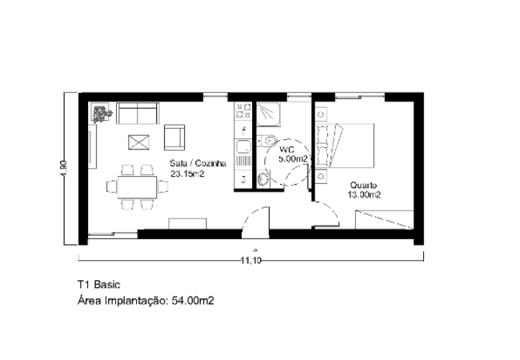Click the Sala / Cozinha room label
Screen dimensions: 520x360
(198, 163)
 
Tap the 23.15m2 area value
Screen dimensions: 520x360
(187, 174)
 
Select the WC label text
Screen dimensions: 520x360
(287, 150)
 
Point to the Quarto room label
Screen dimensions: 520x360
(363, 185)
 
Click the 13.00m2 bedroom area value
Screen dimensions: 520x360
(364, 194)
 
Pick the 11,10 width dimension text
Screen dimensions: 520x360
(251, 261)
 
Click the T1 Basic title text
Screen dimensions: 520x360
(99, 285)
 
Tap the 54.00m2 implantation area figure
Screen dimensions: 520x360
(193, 301)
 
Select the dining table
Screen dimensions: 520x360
(137, 187)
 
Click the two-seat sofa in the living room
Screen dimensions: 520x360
(138, 113)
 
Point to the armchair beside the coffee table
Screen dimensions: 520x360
(174, 138)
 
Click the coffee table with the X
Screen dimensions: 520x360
(138, 142)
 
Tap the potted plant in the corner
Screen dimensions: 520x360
(101, 112)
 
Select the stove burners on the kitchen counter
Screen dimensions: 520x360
(243, 110)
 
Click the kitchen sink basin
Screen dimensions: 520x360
(243, 147)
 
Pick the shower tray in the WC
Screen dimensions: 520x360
(269, 114)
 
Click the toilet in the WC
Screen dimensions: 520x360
(267, 142)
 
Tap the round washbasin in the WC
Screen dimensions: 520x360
(262, 179)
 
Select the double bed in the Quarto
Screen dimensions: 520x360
(345, 146)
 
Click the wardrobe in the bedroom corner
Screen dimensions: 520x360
(384, 219)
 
